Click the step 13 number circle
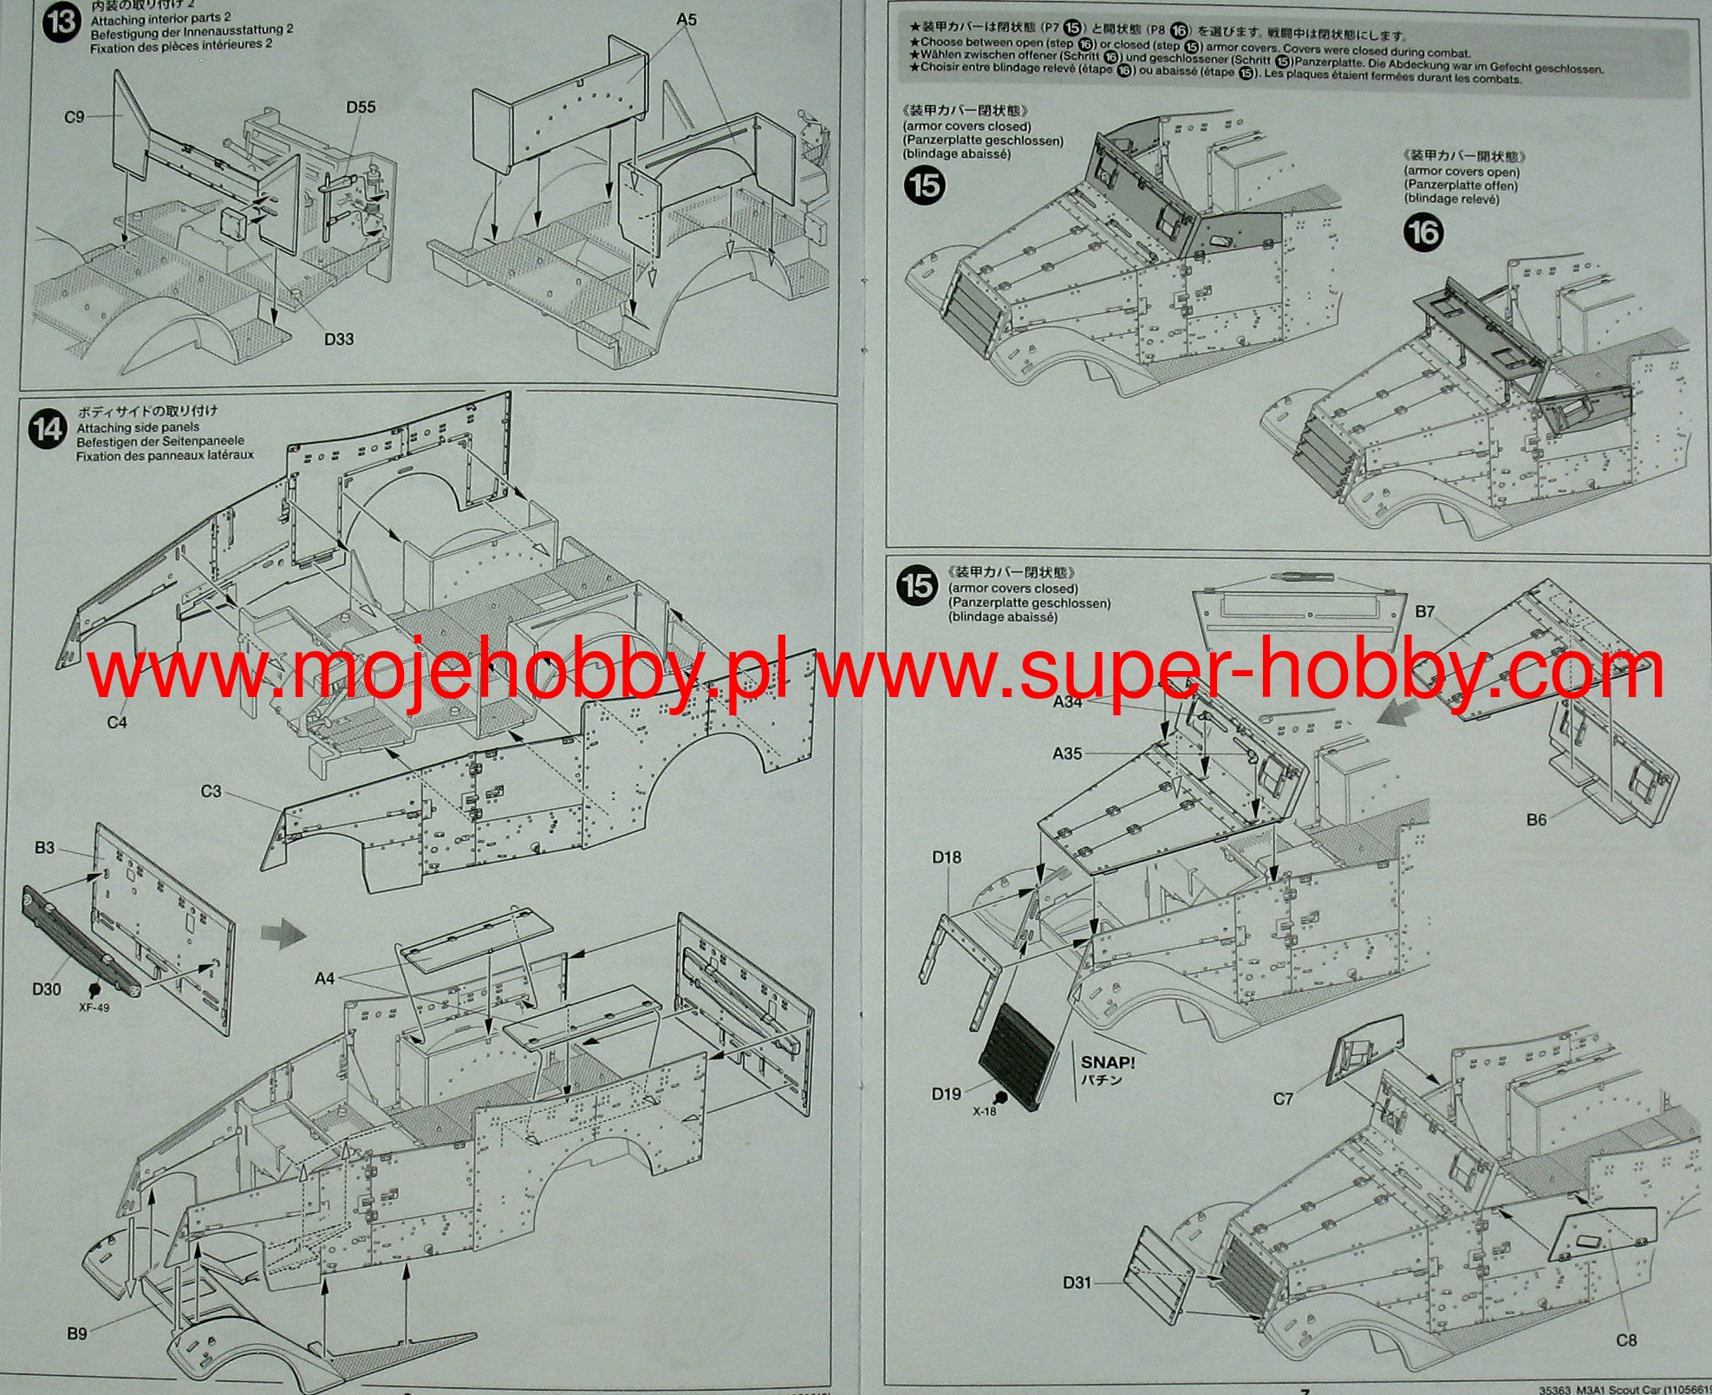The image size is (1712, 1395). (x=61, y=22)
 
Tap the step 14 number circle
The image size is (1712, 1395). (x=48, y=429)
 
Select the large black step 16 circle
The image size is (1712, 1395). (x=1423, y=232)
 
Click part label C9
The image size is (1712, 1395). (x=75, y=116)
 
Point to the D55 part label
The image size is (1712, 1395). (x=361, y=107)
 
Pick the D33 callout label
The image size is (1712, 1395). (x=339, y=339)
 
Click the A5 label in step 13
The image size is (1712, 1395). (x=687, y=19)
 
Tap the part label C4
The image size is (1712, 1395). (x=117, y=722)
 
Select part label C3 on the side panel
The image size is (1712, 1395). (x=211, y=791)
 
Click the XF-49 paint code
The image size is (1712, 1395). (x=94, y=1007)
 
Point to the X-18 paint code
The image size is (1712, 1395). (x=984, y=1111)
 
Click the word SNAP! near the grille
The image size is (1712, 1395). (x=1107, y=1062)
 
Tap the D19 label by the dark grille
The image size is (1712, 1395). (x=947, y=1094)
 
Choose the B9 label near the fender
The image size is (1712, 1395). (x=77, y=1333)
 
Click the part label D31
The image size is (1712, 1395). (x=1077, y=1281)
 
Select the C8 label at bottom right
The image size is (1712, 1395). (x=1627, y=1340)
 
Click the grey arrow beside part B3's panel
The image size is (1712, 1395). (x=283, y=935)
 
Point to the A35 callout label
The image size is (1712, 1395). (x=1067, y=753)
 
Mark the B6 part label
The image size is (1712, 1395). (x=1536, y=819)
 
